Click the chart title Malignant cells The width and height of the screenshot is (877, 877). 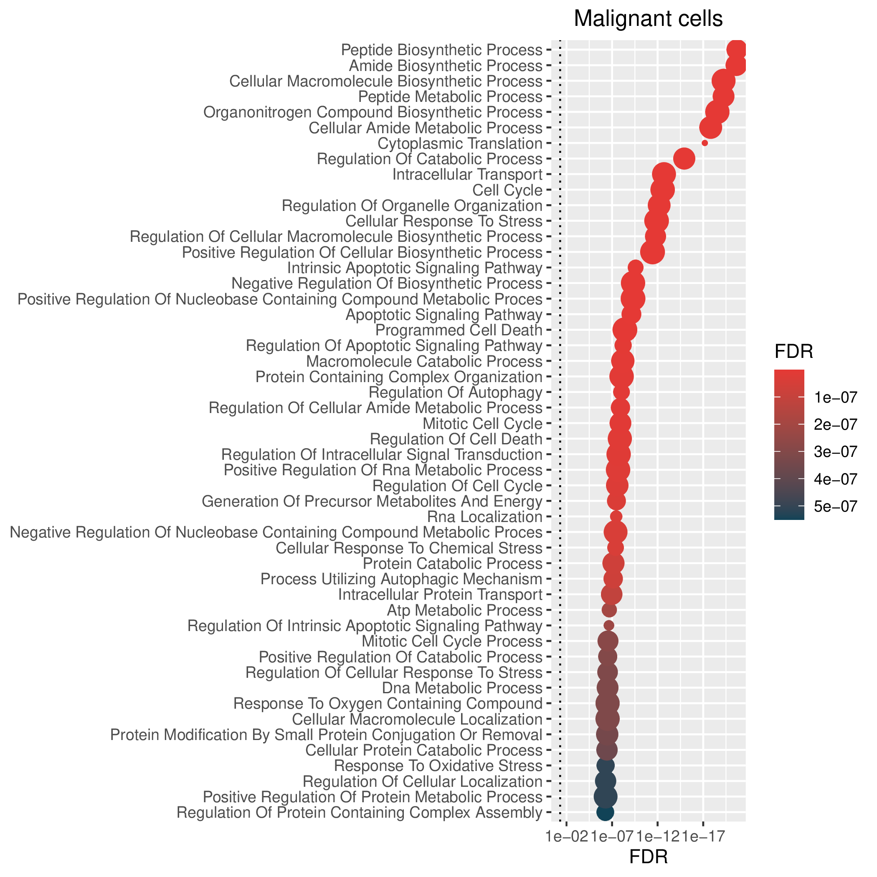648,19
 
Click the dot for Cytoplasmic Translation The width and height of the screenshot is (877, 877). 705,143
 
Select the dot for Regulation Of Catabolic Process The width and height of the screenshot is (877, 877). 684,159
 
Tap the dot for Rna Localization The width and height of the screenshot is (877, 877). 616,516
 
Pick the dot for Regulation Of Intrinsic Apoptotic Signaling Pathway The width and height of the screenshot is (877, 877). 609,625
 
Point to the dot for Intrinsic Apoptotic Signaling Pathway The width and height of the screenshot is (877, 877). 635,267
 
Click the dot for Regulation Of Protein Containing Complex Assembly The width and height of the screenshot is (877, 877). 605,812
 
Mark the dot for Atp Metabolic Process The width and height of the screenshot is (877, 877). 609,610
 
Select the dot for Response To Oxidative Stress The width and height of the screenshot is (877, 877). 606,765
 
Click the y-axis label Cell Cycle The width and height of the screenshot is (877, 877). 507,190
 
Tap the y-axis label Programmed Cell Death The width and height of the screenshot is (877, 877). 459,330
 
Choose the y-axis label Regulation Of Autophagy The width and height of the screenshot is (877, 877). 455,392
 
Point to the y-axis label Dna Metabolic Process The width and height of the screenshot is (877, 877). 462,688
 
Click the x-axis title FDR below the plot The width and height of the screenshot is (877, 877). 648,857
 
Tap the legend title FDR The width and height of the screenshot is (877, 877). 793,351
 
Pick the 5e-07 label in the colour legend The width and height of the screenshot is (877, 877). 836,507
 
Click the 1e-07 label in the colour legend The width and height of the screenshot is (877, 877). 836,398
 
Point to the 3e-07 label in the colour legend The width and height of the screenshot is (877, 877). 836,452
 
